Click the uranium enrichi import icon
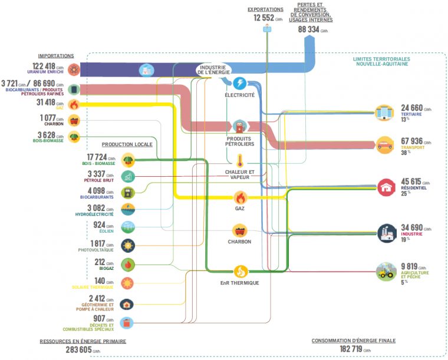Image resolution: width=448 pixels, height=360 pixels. click(x=73, y=68)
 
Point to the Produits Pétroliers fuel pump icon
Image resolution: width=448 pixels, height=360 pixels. click(x=240, y=127)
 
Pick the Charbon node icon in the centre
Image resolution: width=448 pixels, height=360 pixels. click(x=240, y=230)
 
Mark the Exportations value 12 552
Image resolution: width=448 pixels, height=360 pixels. click(x=264, y=18)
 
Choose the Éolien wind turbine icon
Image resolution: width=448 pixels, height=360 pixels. click(x=127, y=227)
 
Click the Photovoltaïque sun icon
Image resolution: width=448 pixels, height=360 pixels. click(x=127, y=245)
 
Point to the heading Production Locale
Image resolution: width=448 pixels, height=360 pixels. click(x=127, y=144)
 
